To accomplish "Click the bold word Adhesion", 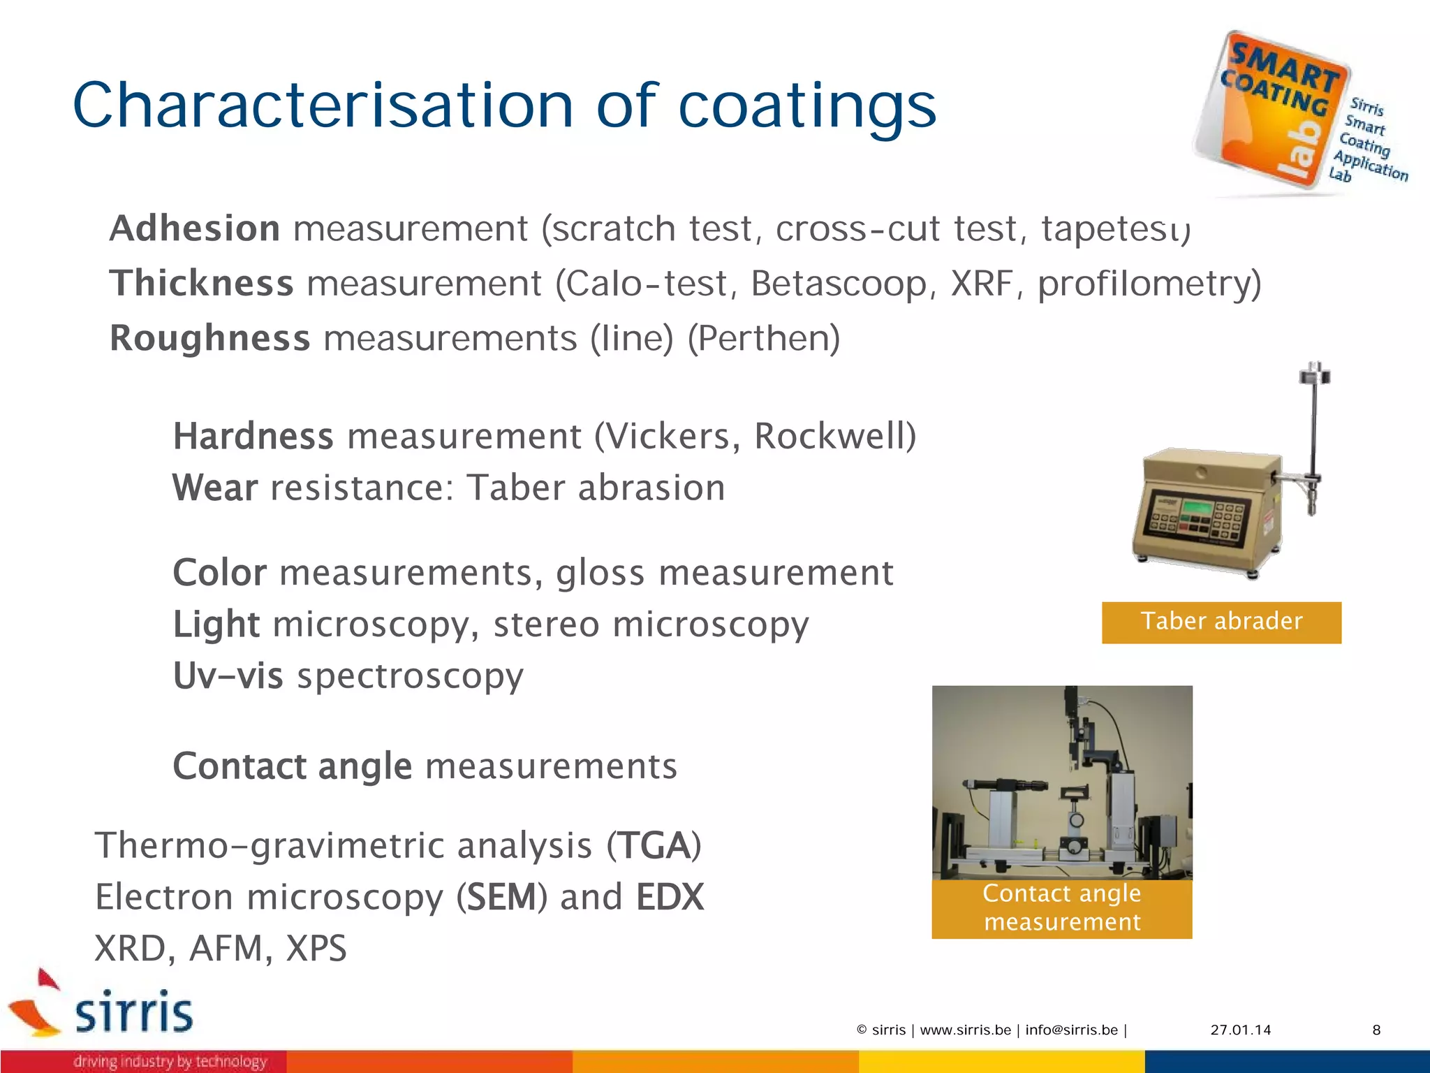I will [195, 228].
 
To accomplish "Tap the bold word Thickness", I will [201, 283].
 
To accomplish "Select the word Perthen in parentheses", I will [764, 338].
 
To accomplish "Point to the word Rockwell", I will [830, 436].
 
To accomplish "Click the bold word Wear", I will [215, 488].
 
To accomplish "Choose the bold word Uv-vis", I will [228, 676].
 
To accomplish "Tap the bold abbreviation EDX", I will [670, 897].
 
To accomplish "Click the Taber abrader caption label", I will [1221, 622].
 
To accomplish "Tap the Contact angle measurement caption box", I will [1061, 908].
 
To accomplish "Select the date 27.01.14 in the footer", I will [1241, 1030].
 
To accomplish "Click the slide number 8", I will [1376, 1030].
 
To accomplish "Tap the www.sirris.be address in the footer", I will [965, 1030].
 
